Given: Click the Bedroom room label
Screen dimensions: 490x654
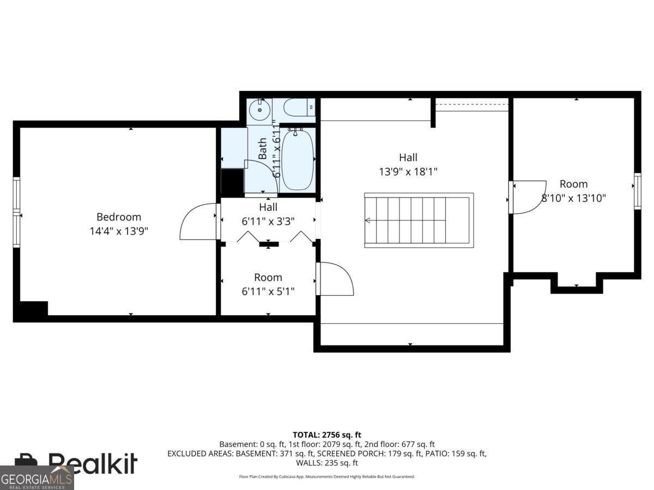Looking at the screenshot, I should click(119, 217).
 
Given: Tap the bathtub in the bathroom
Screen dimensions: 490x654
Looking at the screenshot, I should click(298, 159).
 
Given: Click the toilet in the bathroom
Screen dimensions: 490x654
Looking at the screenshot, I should click(299, 107).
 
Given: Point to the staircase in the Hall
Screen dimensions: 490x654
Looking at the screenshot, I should click(419, 220).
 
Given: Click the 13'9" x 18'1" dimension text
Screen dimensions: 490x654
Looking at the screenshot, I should click(408, 171).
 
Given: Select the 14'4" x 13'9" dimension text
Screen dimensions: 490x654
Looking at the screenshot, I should click(119, 231).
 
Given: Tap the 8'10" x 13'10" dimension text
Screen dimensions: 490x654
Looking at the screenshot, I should click(573, 198).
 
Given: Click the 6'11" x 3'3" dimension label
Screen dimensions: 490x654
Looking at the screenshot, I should click(268, 221).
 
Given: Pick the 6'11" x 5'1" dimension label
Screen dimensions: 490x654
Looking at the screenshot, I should click(268, 291).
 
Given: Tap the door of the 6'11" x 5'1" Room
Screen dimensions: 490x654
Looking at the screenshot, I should click(335, 279).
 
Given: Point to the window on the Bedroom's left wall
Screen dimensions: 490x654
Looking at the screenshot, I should click(16, 212).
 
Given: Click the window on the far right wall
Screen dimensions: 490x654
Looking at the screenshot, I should click(637, 191).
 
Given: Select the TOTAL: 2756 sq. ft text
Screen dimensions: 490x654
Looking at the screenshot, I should click(327, 434).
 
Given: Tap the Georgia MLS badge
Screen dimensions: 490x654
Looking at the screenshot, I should click(37, 478).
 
